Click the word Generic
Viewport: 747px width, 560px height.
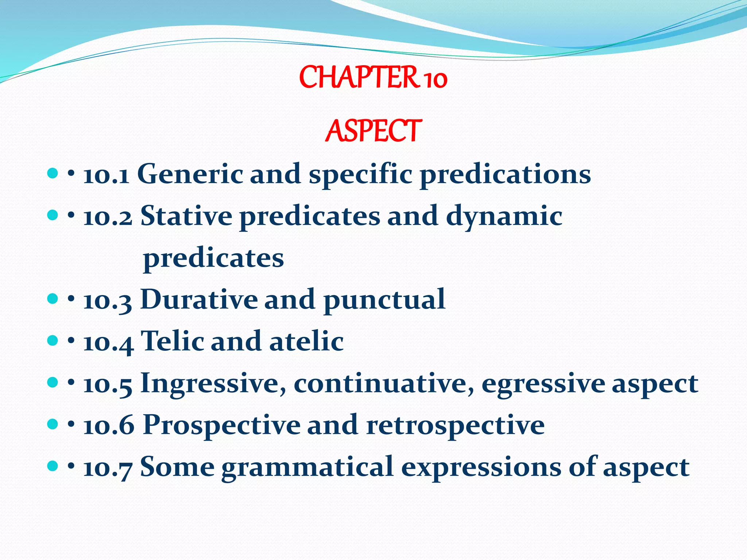190,174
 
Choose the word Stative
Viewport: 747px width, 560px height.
186,216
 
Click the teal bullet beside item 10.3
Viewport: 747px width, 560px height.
53,299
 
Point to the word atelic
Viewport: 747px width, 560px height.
306,341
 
